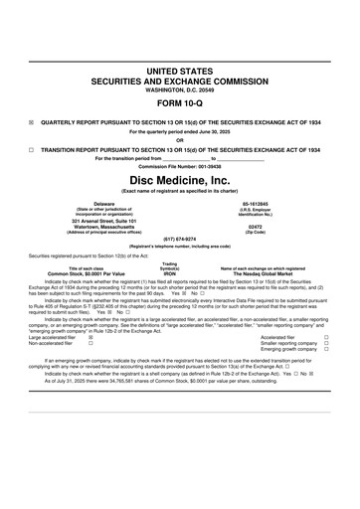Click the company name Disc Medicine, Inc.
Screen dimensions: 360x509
[180, 179]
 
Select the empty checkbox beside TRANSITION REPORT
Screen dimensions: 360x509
[32, 148]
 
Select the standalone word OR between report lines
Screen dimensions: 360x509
[180, 139]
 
